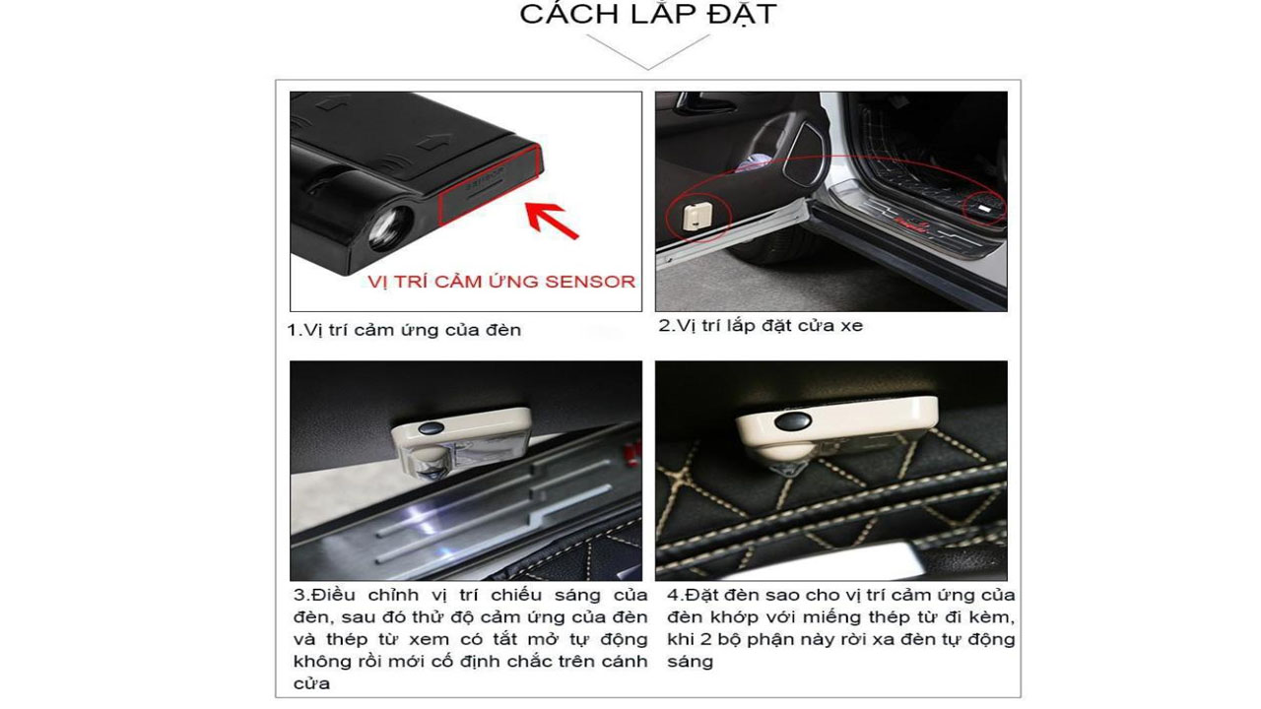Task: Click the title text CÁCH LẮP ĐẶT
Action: [x=648, y=14]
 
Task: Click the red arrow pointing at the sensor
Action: [x=551, y=220]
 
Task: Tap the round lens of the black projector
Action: [x=389, y=227]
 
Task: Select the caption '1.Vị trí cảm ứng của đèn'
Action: [x=404, y=330]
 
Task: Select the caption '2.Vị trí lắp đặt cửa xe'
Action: [x=761, y=326]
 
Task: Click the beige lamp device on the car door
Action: [x=697, y=216]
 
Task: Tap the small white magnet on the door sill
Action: [x=984, y=209]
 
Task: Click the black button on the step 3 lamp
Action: [x=431, y=428]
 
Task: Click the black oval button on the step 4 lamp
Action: [x=793, y=420]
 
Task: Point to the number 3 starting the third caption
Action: [x=299, y=595]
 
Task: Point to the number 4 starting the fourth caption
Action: [x=673, y=595]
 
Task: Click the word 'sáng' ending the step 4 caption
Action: [x=691, y=662]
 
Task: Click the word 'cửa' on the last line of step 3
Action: [x=311, y=683]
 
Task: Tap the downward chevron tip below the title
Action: [x=648, y=69]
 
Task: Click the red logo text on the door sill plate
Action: [x=908, y=223]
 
